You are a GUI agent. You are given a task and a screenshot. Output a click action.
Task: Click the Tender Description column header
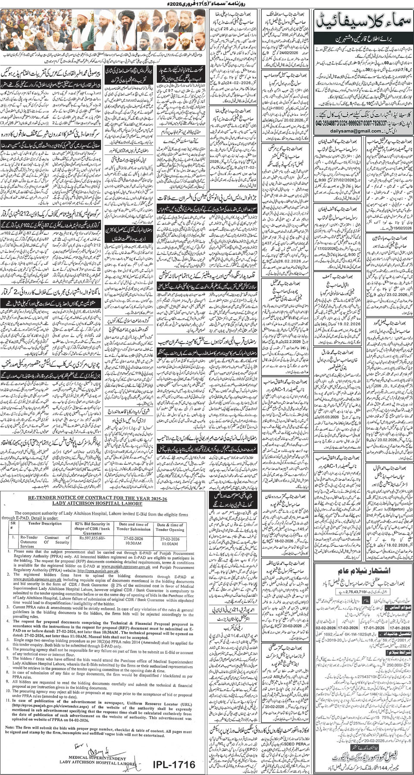coord(42,523)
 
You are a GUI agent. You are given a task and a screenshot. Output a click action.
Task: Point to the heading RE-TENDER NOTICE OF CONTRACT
coord(97,498)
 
